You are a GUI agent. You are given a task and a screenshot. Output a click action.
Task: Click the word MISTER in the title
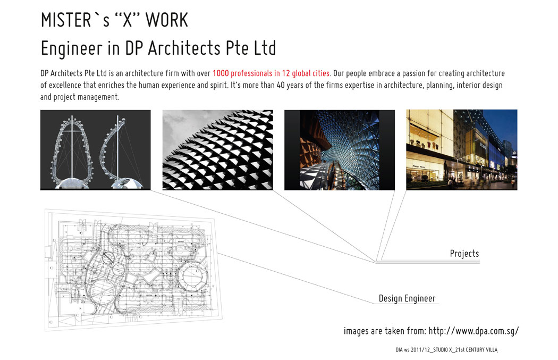coord(66,20)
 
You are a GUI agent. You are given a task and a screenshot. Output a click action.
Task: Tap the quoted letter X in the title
coord(128,20)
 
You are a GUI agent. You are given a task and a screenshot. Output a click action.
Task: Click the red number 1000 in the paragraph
coord(221,73)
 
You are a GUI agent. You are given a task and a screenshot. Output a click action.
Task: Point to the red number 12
coord(286,73)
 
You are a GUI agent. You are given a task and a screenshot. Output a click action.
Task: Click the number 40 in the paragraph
coord(281,85)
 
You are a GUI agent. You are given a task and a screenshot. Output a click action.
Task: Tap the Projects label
coord(464,254)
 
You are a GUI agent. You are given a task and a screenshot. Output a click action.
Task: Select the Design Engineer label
coord(407,298)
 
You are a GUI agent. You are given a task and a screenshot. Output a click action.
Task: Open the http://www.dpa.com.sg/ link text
coord(474,331)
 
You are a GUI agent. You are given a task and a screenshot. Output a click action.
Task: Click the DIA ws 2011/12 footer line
coord(446,350)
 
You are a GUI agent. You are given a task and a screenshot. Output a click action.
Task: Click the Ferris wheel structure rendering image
coord(95,149)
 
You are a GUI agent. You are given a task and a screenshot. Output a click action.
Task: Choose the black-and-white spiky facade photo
coord(218,149)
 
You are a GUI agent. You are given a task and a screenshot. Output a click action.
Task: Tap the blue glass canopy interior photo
coord(340,149)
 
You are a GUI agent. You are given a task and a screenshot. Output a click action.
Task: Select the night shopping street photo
coord(462,149)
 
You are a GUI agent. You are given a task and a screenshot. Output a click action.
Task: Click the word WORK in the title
coord(166,20)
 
